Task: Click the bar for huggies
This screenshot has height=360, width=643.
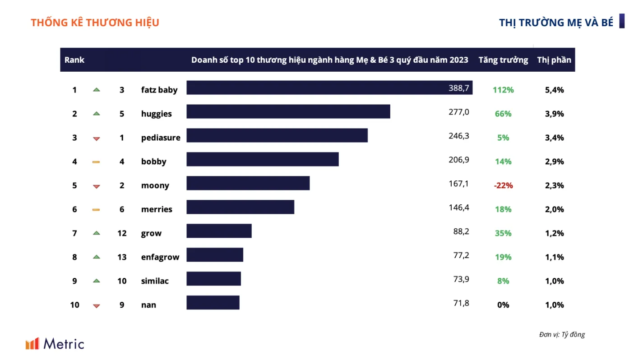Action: coord(288,111)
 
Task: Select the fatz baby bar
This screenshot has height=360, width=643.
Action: coord(329,88)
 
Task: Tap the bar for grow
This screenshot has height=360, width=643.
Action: coord(219,231)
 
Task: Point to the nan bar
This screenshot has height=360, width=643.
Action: coord(213,302)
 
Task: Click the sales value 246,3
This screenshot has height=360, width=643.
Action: coord(459,136)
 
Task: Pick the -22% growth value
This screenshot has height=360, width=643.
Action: coord(503,185)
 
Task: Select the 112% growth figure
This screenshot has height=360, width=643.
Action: coord(503,90)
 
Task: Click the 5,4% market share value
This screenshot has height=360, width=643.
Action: coord(554,90)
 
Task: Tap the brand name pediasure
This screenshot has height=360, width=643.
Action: coord(161,138)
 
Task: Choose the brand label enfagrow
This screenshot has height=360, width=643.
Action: coord(160,257)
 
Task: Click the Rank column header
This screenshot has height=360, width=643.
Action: coord(74,60)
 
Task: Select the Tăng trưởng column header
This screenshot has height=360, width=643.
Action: coord(503,60)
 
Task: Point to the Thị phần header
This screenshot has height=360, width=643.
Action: coord(554,60)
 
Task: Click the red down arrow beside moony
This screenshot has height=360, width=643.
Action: coord(97,187)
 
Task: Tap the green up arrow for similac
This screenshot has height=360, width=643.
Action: coord(97,281)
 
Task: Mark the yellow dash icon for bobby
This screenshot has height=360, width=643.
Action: coord(96,162)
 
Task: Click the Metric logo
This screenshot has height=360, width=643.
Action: coord(55,344)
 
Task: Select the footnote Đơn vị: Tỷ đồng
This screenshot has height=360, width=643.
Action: coord(562,334)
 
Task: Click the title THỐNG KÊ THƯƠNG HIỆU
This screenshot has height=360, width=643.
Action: coord(95,23)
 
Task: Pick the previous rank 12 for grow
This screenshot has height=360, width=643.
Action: coord(122,233)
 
